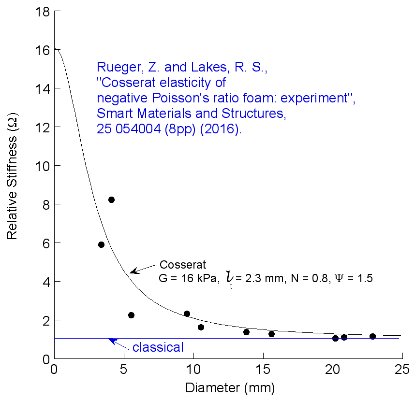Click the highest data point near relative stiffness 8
(x=111, y=200)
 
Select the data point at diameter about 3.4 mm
(x=101, y=244)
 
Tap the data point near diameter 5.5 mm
(x=131, y=315)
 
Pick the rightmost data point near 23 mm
(x=372, y=336)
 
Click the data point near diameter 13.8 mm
(x=246, y=332)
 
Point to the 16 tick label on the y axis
(x=41, y=50)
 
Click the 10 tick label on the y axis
(x=41, y=166)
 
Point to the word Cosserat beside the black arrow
(x=183, y=265)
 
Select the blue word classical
(x=158, y=347)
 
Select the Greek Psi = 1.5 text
(x=352, y=278)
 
